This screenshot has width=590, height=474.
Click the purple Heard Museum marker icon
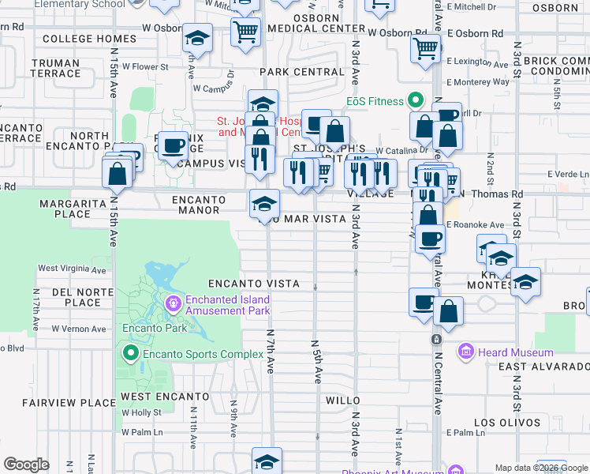(x=466, y=351)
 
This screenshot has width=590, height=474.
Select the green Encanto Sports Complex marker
(x=131, y=353)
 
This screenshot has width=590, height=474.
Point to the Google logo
(x=26, y=465)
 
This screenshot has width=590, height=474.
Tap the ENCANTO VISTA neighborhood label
(x=253, y=284)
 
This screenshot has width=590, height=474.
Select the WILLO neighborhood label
(x=343, y=401)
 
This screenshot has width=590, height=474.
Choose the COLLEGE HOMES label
(x=89, y=39)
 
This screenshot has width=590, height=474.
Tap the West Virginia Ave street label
(x=72, y=269)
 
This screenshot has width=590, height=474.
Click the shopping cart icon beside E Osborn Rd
(x=425, y=48)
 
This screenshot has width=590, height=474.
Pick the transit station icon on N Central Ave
(x=435, y=339)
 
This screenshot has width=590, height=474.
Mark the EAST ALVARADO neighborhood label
(x=544, y=367)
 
